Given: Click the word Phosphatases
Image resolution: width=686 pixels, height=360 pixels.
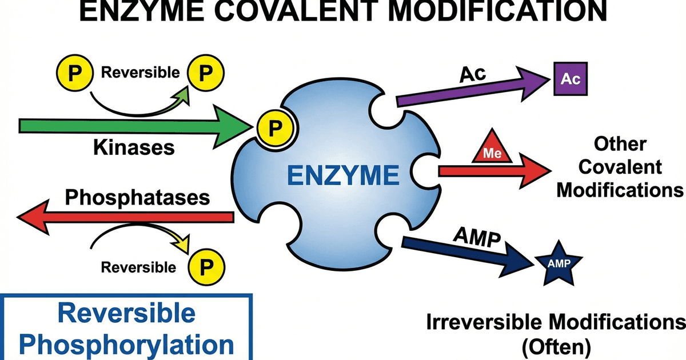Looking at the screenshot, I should coord(137,197).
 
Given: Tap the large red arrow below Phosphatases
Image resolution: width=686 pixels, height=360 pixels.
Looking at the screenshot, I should coord(126,217).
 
